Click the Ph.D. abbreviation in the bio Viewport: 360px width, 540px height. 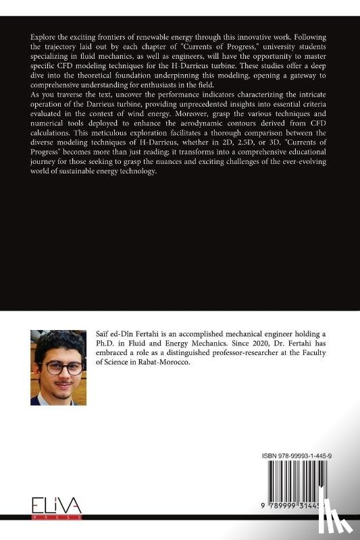tap(101, 345)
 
